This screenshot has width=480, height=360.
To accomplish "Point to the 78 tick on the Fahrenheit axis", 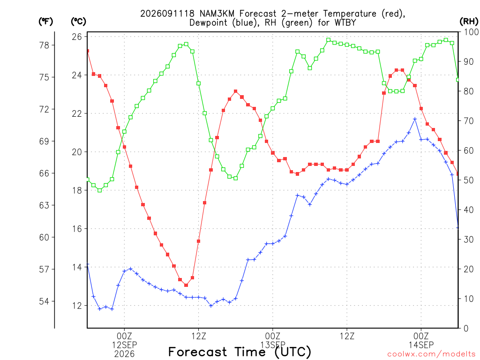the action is tap(44, 45).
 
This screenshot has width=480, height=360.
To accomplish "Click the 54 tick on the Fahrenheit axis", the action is tap(44, 301).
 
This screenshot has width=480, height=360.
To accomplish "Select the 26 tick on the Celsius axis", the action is tap(77, 37).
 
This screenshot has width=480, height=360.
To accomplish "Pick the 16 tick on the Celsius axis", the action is tap(77, 229).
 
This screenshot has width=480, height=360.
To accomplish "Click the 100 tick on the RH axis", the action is tap(471, 32).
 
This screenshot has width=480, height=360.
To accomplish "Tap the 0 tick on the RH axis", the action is tap(466, 329).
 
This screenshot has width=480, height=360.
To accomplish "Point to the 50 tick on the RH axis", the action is tap(469, 180).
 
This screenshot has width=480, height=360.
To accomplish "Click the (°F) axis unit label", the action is tap(45, 22).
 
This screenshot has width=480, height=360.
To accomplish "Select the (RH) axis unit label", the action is tap(469, 22).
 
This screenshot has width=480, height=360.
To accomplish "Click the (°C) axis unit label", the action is tap(78, 22).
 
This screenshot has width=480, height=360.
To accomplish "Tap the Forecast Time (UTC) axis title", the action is tap(240, 352).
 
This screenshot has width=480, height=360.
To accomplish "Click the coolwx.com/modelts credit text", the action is tap(431, 354).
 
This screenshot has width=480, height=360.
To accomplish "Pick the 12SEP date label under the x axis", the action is tap(124, 345).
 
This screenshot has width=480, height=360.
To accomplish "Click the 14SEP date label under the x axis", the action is tap(421, 345).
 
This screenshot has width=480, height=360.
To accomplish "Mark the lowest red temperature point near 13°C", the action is tap(186, 285).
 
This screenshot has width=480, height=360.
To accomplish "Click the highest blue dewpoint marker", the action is tap(415, 119).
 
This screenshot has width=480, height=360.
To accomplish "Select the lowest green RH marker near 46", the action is tap(99, 190).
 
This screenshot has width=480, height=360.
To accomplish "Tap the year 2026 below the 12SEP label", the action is tap(124, 354).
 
